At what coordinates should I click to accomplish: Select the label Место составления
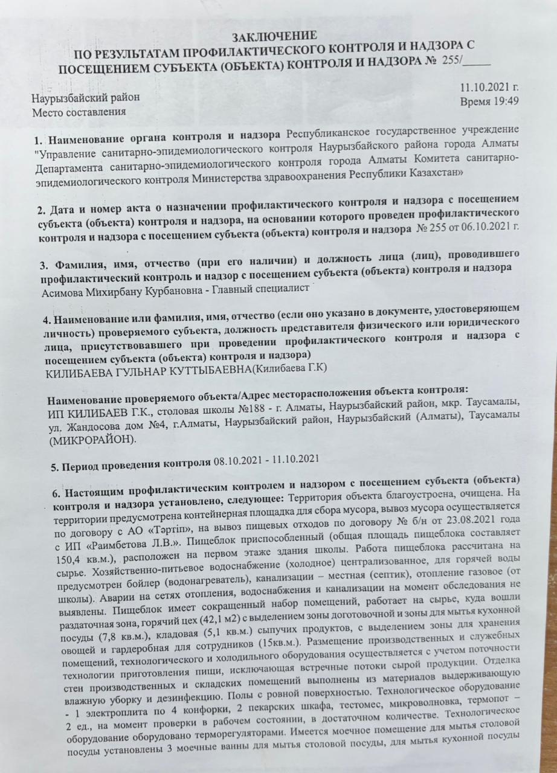click(x=79, y=112)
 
